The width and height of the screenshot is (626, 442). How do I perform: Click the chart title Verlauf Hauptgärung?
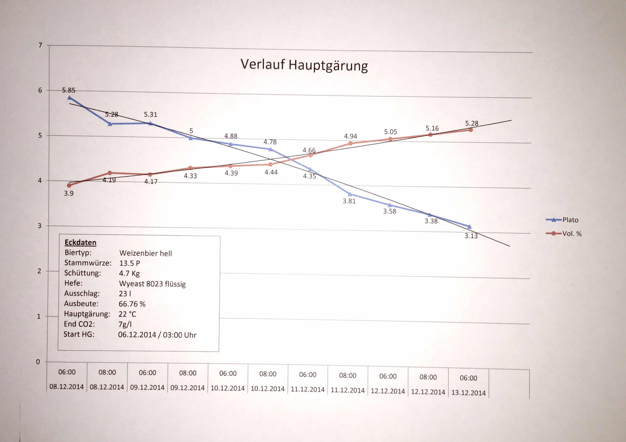point(304,65)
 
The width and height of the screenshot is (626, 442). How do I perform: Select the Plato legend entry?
point(570,220)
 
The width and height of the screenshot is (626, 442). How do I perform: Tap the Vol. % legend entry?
point(572,234)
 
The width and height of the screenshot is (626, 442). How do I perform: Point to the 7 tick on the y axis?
point(40,45)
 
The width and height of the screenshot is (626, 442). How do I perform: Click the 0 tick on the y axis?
point(38,362)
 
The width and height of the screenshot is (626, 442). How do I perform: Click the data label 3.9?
point(69,193)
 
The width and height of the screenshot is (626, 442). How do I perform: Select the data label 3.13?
point(471,236)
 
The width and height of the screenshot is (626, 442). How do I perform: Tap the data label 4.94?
point(350,136)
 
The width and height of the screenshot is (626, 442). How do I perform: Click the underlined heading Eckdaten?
point(81,242)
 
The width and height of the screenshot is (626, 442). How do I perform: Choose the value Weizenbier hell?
point(146,253)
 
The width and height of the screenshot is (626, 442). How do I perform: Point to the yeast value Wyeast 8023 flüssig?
point(152,284)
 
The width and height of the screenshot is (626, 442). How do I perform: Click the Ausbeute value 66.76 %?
point(132,304)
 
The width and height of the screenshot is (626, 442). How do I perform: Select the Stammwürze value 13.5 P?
point(130,263)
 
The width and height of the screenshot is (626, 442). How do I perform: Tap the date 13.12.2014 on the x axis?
point(468,393)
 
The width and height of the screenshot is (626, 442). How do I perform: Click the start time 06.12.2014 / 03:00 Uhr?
point(157,335)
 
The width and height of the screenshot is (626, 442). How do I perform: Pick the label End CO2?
point(79,324)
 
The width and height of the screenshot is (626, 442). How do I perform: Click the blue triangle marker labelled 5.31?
point(150,123)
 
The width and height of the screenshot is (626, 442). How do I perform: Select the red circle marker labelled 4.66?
point(310,155)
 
